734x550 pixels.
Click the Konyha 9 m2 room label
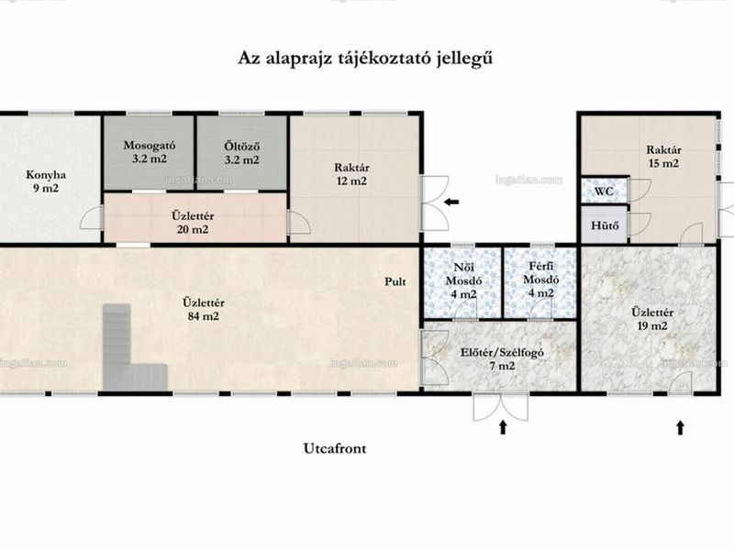click(45, 181)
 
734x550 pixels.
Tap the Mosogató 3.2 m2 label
click(150, 152)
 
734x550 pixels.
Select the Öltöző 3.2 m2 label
click(241, 153)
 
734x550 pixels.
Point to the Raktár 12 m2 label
click(351, 174)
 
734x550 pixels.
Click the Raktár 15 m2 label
click(663, 156)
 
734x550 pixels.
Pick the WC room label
click(604, 192)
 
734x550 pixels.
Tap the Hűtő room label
click(605, 225)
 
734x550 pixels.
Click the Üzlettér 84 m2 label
click(203, 309)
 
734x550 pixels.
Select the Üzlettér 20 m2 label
click(193, 223)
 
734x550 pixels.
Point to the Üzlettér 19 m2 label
click(652, 319)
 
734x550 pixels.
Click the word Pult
click(395, 281)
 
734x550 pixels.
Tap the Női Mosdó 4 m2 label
click(464, 280)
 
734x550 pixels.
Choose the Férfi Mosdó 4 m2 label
click(540, 280)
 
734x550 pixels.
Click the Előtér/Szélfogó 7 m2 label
click(502, 358)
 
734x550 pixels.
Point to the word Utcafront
click(335, 448)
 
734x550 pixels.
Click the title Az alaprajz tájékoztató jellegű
click(365, 59)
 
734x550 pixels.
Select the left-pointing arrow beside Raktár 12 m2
click(451, 202)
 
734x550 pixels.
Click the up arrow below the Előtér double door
click(503, 427)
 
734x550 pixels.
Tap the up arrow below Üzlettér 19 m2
click(680, 427)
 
